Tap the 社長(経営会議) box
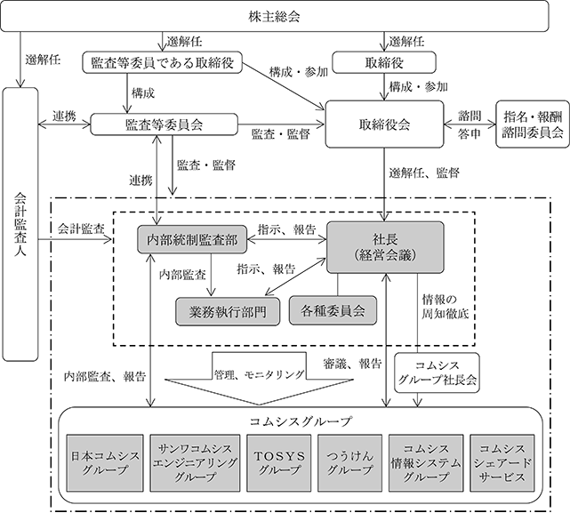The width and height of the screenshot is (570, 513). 386,240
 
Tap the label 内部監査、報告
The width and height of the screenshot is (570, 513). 105,377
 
